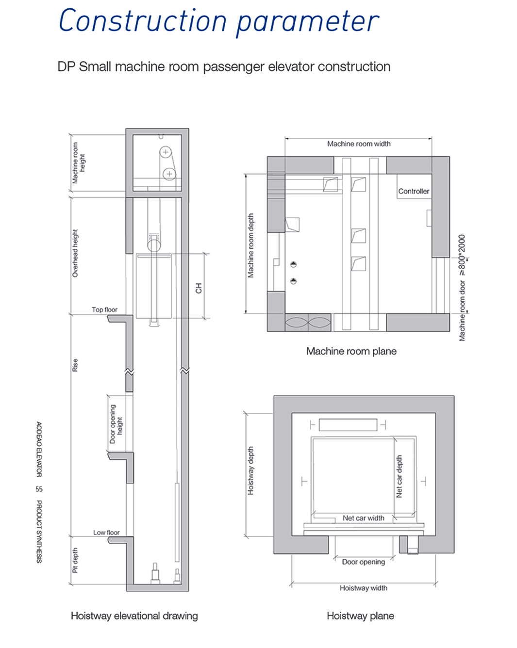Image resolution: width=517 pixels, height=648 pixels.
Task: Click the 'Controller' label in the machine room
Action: pyautogui.click(x=413, y=191)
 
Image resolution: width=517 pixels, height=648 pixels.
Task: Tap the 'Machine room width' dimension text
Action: pyautogui.click(x=359, y=144)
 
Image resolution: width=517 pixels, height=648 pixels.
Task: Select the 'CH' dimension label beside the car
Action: pyautogui.click(x=199, y=288)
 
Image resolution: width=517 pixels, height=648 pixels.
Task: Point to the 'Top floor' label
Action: pyautogui.click(x=104, y=309)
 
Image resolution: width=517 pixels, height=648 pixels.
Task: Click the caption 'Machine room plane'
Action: pyautogui.click(x=351, y=351)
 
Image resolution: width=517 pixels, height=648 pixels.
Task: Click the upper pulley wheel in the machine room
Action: pyautogui.click(x=166, y=152)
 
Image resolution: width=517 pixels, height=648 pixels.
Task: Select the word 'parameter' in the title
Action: pyautogui.click(x=307, y=22)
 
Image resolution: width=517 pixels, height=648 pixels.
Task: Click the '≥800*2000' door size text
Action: pyautogui.click(x=462, y=255)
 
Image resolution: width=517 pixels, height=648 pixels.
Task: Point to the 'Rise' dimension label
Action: pyautogui.click(x=75, y=365)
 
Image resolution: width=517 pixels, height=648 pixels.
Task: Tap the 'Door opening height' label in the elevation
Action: pyautogui.click(x=116, y=423)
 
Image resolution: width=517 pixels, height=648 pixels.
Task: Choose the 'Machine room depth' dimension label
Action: pyautogui.click(x=250, y=245)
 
